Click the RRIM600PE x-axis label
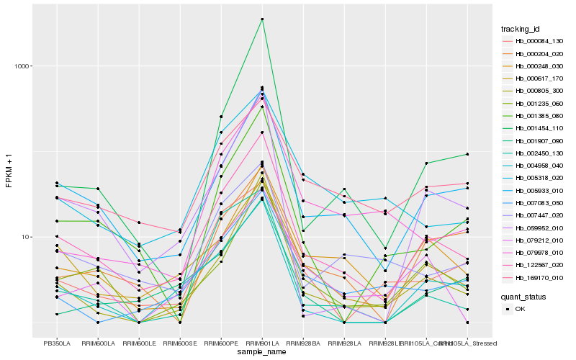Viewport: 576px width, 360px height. point(222,343)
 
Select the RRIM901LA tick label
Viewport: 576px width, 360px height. point(263,343)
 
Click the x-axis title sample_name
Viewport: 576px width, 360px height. point(263,351)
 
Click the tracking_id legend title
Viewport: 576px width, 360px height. point(521,29)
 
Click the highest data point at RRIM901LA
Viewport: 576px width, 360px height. point(263,19)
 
